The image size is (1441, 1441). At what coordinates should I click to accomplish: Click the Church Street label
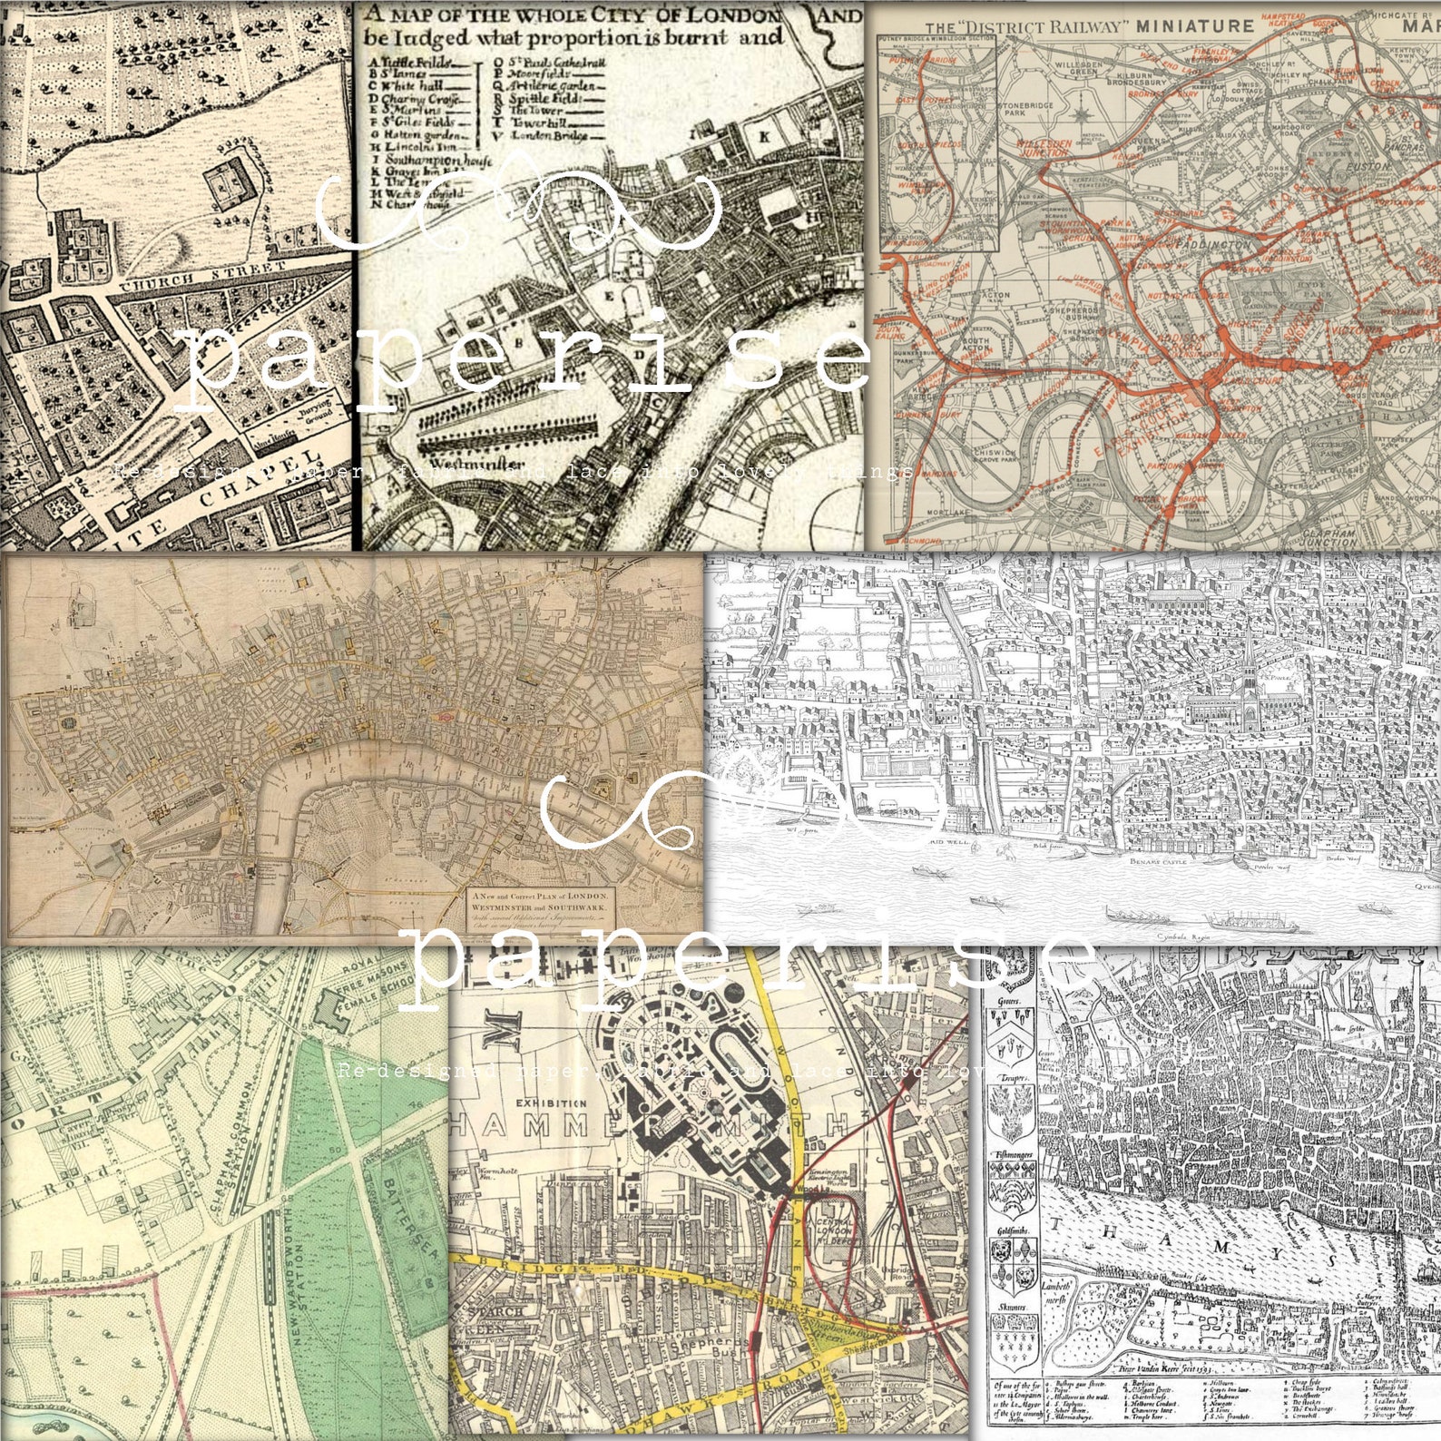pyautogui.click(x=202, y=276)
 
